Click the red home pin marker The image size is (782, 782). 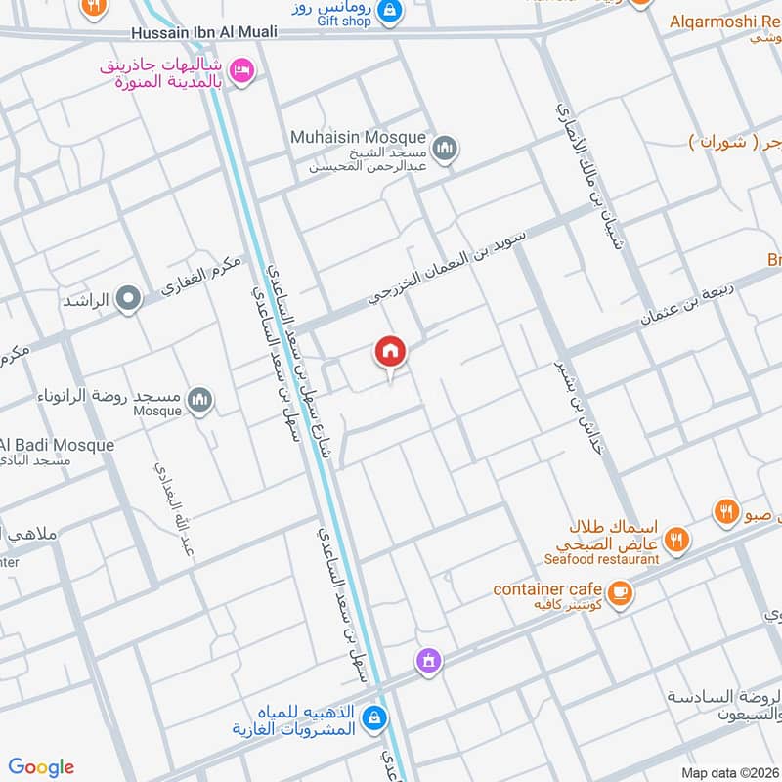pos(390,353)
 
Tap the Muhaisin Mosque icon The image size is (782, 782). pos(447,148)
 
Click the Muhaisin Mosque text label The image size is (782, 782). pos(358,138)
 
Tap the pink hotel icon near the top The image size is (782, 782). pos(242,69)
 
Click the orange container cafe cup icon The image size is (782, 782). pos(618,592)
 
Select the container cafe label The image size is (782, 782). pos(543,589)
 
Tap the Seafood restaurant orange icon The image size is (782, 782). pos(676,539)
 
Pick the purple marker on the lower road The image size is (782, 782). pos(427,662)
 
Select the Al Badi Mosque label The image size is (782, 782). pos(59,445)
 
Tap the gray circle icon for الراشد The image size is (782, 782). pos(128,299)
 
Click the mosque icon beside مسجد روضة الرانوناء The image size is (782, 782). pos(200,401)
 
